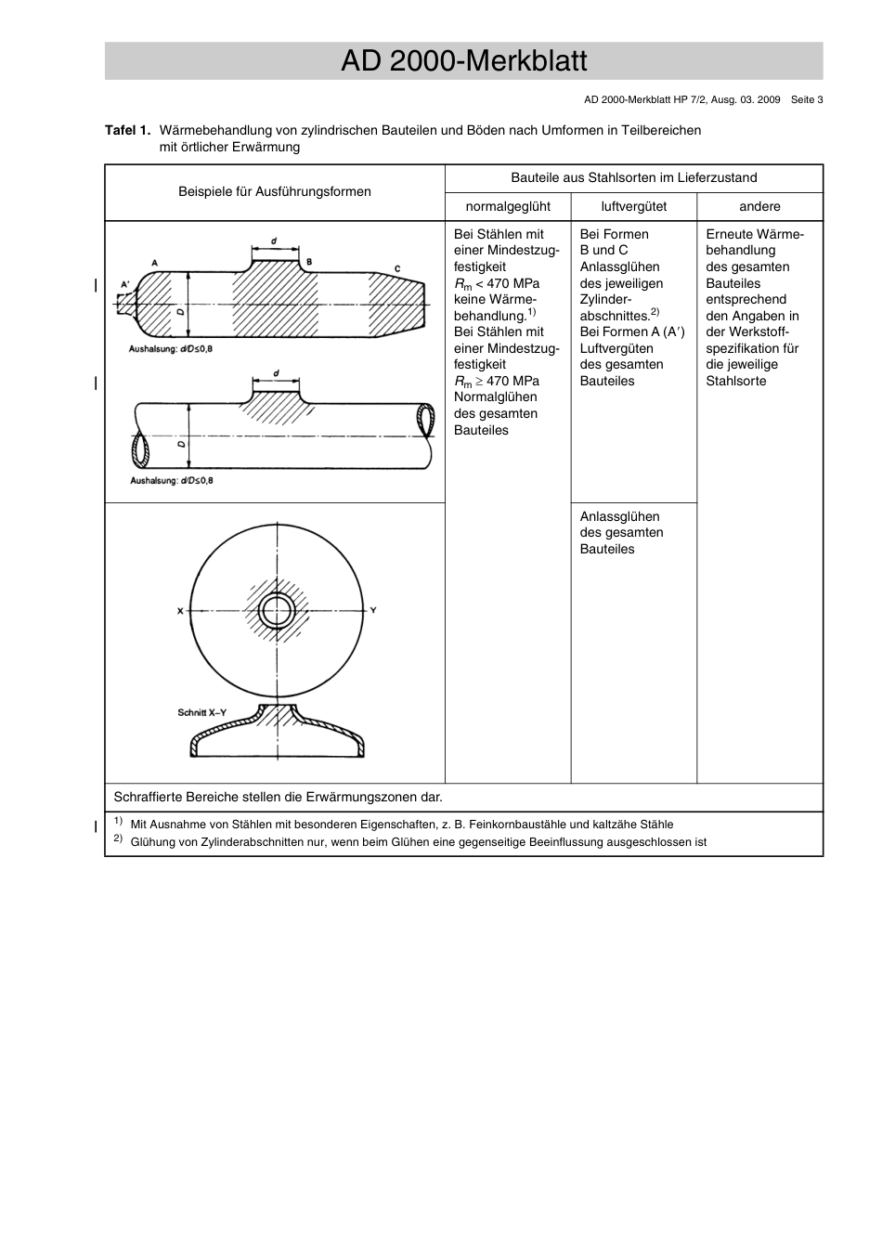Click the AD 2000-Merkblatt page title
pyautogui.click(x=463, y=61)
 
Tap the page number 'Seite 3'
pyautogui.click(x=806, y=99)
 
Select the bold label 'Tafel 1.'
pyautogui.click(x=127, y=130)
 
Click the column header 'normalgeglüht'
pyautogui.click(x=508, y=206)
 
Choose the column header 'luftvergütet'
pyautogui.click(x=633, y=206)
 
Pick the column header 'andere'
pyautogui.click(x=759, y=206)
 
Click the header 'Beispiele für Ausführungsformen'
pyautogui.click(x=275, y=191)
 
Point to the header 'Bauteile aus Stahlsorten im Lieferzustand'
pyautogui.click(x=633, y=177)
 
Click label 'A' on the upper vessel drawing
pyautogui.click(x=154, y=263)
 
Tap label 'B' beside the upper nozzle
pyautogui.click(x=309, y=262)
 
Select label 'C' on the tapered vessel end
pyautogui.click(x=397, y=268)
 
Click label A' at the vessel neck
pyautogui.click(x=125, y=284)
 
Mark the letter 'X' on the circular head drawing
pyautogui.click(x=180, y=611)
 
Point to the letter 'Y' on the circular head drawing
pyautogui.click(x=373, y=610)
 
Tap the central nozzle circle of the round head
pyautogui.click(x=277, y=611)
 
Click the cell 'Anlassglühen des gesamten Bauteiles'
pyautogui.click(x=621, y=533)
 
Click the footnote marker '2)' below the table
pyautogui.click(x=118, y=839)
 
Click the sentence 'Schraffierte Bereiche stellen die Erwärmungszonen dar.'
pyautogui.click(x=278, y=797)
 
